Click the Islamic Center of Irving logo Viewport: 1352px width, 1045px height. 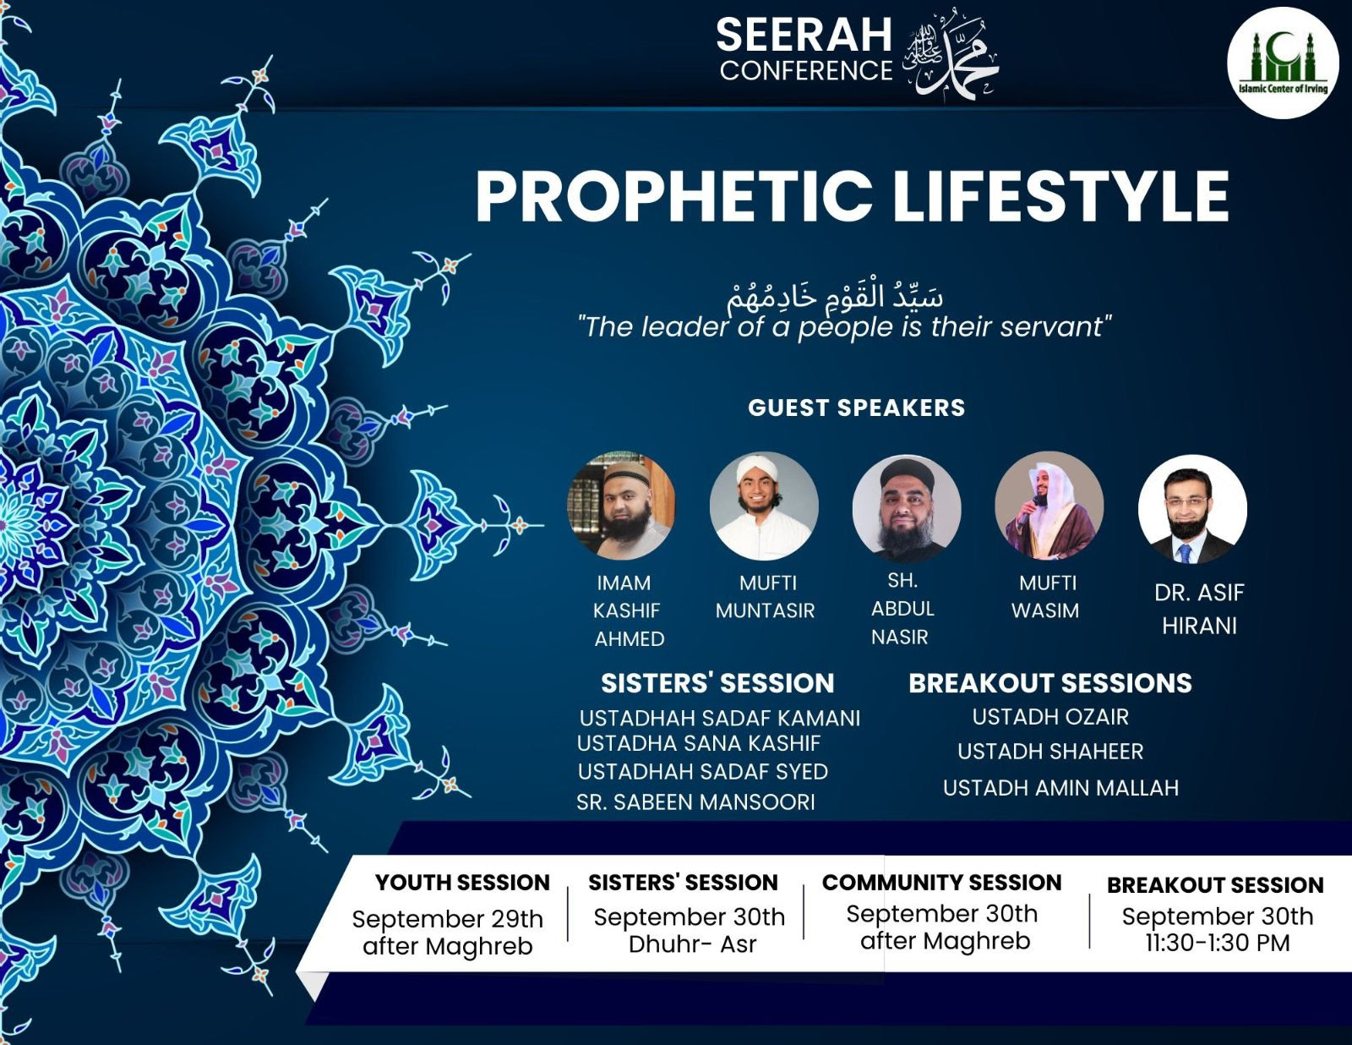1283,63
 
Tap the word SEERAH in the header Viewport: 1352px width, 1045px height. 804,35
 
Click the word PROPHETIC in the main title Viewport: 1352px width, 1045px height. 674,196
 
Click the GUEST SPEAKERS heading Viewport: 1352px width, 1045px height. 856,408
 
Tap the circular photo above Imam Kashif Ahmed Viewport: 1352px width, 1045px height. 621,506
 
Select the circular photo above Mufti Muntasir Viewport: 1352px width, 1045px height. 764,506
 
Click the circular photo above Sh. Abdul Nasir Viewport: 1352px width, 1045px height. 907,508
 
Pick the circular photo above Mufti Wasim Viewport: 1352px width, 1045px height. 1049,506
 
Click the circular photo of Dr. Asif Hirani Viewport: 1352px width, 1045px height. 1192,509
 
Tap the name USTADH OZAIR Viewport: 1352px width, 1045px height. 1050,717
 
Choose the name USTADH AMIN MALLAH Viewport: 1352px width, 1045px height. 1060,788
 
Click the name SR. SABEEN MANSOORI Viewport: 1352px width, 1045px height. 695,802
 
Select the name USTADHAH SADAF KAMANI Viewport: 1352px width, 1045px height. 720,719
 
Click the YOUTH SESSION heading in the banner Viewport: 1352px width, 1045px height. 462,883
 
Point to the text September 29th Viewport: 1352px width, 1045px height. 447,919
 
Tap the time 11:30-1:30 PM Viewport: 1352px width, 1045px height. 1218,943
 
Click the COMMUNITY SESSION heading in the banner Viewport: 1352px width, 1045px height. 941,883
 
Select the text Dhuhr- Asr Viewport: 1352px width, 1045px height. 693,944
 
